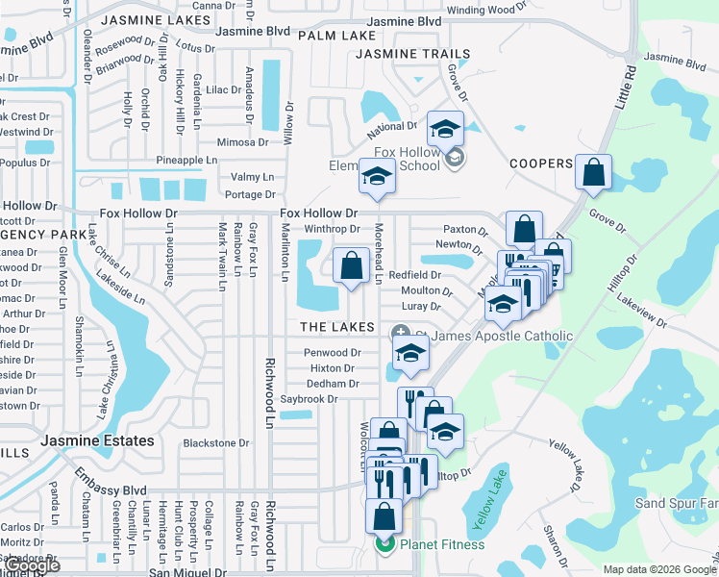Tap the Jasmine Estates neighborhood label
tap(98, 440)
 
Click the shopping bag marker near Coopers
tap(594, 172)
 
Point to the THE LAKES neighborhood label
tap(336, 327)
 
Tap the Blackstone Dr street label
tap(215, 443)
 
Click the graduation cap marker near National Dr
tap(445, 129)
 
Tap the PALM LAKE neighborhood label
tap(336, 36)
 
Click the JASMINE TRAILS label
tap(413, 55)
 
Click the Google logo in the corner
tap(32, 565)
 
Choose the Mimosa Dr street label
tap(242, 141)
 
